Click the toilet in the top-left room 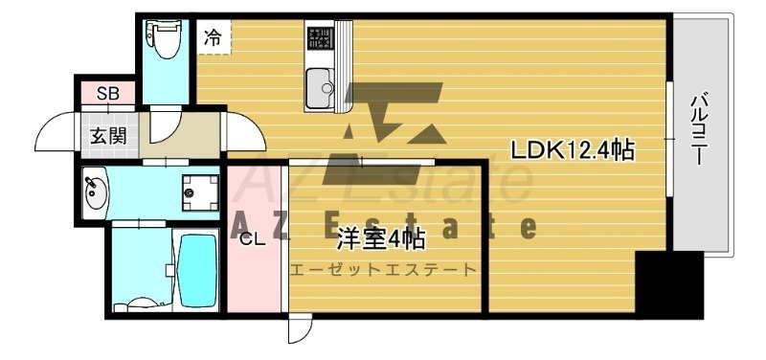pyautogui.click(x=163, y=38)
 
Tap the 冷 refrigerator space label pyautogui.click(x=213, y=37)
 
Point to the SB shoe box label pyautogui.click(x=108, y=94)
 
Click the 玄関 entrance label pyautogui.click(x=108, y=136)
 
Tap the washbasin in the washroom pyautogui.click(x=95, y=194)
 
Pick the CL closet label pyautogui.click(x=253, y=239)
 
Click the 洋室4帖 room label pyautogui.click(x=379, y=239)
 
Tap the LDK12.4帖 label pyautogui.click(x=573, y=150)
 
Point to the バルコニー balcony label pyautogui.click(x=698, y=129)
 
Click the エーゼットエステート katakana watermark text pyautogui.click(x=383, y=269)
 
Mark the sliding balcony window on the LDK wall pyautogui.click(x=669, y=140)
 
